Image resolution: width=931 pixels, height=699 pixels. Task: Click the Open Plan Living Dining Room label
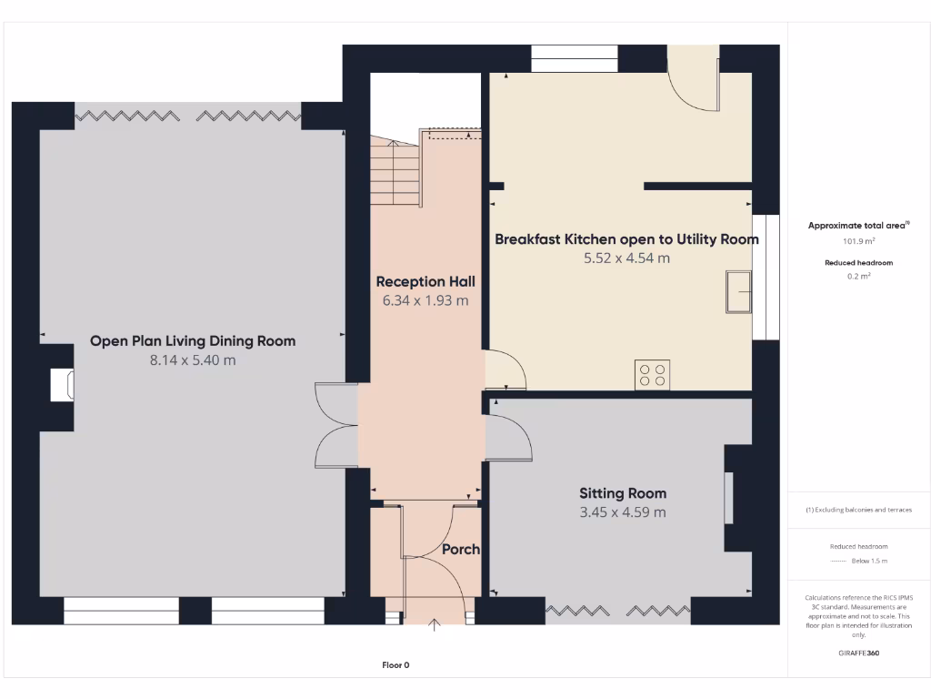tap(193, 341)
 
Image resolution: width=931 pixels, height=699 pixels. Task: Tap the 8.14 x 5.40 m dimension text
tap(193, 360)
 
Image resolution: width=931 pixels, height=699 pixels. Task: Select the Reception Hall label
tap(425, 281)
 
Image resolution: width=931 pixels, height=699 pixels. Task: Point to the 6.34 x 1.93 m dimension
tap(425, 300)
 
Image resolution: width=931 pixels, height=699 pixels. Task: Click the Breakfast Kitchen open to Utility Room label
tap(626, 239)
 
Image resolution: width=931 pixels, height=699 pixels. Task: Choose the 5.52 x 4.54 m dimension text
tap(626, 258)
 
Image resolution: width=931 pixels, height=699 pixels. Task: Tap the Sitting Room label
tap(623, 493)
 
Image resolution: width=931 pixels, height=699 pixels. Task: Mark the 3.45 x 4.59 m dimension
tap(623, 512)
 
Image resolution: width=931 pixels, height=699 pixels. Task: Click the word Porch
tap(460, 550)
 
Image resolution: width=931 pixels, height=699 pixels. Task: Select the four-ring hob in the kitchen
tap(653, 374)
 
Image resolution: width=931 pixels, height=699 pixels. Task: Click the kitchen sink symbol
tap(739, 291)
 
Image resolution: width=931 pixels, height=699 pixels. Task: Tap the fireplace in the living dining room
tap(63, 385)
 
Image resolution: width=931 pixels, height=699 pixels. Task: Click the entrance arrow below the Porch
tap(434, 624)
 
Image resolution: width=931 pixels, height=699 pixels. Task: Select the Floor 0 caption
tap(395, 665)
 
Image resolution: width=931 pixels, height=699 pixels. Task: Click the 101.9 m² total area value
tap(859, 242)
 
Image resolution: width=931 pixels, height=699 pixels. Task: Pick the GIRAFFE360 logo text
tap(859, 653)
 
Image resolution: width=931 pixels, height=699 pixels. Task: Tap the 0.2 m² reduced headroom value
tap(859, 277)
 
